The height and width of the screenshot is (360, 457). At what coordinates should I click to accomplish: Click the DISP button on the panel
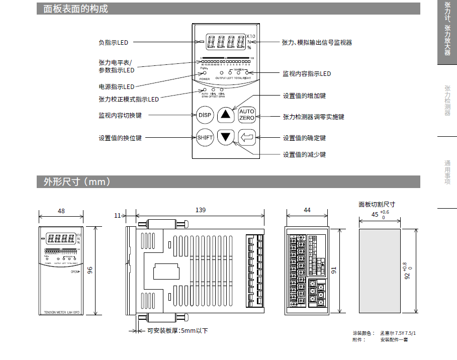tap(205, 115)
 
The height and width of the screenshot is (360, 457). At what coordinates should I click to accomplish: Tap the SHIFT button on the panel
tap(205, 137)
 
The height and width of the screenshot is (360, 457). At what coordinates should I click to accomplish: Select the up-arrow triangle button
tap(226, 115)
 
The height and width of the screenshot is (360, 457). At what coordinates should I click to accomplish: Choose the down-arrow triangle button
tap(226, 136)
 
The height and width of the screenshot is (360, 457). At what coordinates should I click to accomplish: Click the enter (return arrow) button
tap(247, 136)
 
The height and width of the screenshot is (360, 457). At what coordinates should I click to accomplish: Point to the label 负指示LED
tap(113, 43)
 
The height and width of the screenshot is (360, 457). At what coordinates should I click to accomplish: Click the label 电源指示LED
tap(117, 86)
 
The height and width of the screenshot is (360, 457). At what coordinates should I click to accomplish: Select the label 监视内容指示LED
tap(307, 74)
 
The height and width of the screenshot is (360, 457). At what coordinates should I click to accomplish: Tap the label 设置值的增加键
tap(304, 96)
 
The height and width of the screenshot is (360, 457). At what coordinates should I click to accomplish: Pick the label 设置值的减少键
tap(304, 154)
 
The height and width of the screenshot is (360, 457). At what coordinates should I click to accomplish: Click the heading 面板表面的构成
tap(72, 9)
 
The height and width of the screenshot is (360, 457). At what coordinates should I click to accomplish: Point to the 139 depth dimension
tap(200, 210)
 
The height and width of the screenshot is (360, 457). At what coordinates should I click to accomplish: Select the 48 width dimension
tap(61, 211)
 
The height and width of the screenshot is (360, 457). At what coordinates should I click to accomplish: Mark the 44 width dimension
tap(307, 210)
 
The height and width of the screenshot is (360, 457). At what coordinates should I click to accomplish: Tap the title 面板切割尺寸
tap(377, 204)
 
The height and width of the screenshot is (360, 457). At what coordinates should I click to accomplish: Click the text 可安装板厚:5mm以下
tap(177, 331)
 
